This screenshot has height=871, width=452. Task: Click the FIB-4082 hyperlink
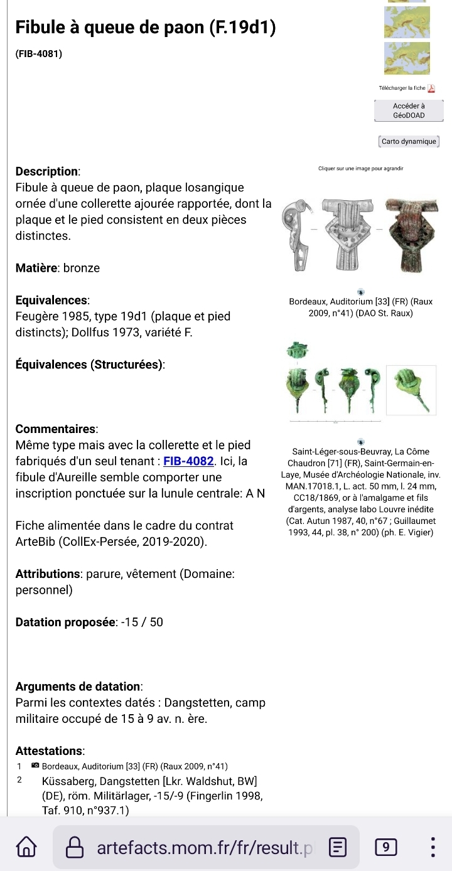189,462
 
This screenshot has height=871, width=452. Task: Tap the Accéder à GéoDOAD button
409,111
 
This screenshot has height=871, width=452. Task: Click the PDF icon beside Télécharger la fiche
431,88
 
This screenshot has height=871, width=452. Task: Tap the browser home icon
26,848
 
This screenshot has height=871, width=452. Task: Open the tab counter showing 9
385,848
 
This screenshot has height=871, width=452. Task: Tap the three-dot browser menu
433,848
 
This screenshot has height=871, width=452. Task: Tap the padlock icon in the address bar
75,848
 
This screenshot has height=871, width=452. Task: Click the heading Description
47,171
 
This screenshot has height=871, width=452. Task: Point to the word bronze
82,268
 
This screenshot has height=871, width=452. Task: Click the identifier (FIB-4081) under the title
39,55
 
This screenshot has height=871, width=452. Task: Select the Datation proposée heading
65,623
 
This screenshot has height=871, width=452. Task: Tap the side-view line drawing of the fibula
296,236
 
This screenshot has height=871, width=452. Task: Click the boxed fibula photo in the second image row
411,390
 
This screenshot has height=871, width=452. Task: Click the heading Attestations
50,751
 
